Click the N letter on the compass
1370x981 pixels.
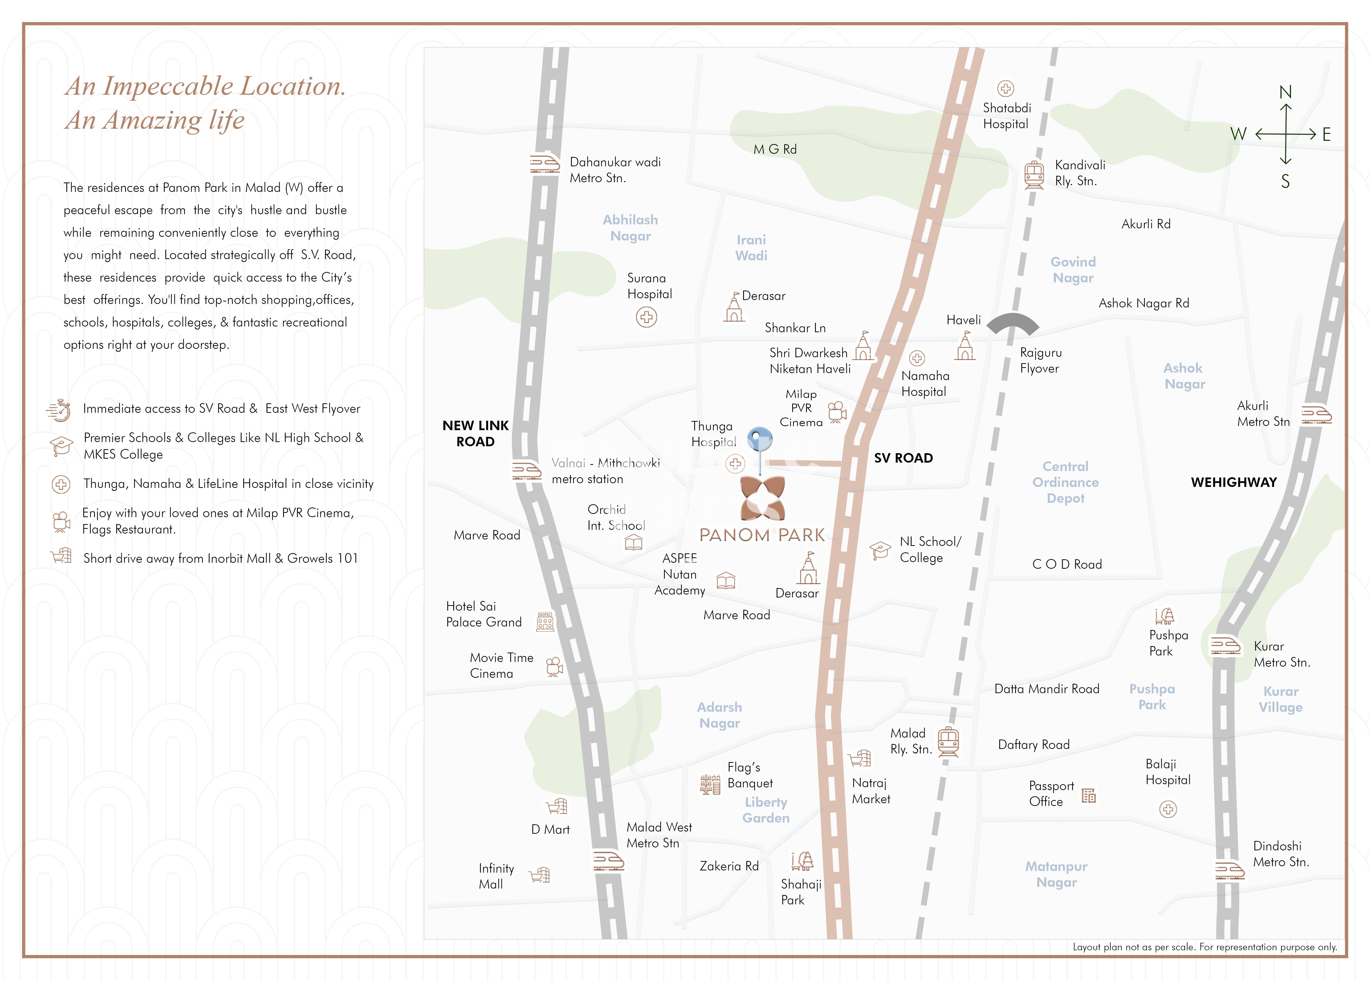tap(1285, 92)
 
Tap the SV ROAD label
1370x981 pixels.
tap(903, 458)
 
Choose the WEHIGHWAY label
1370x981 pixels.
tap(1233, 482)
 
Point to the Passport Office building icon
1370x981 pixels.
tap(1089, 796)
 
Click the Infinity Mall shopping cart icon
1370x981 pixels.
tap(539, 875)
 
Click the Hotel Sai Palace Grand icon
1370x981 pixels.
tap(545, 621)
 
